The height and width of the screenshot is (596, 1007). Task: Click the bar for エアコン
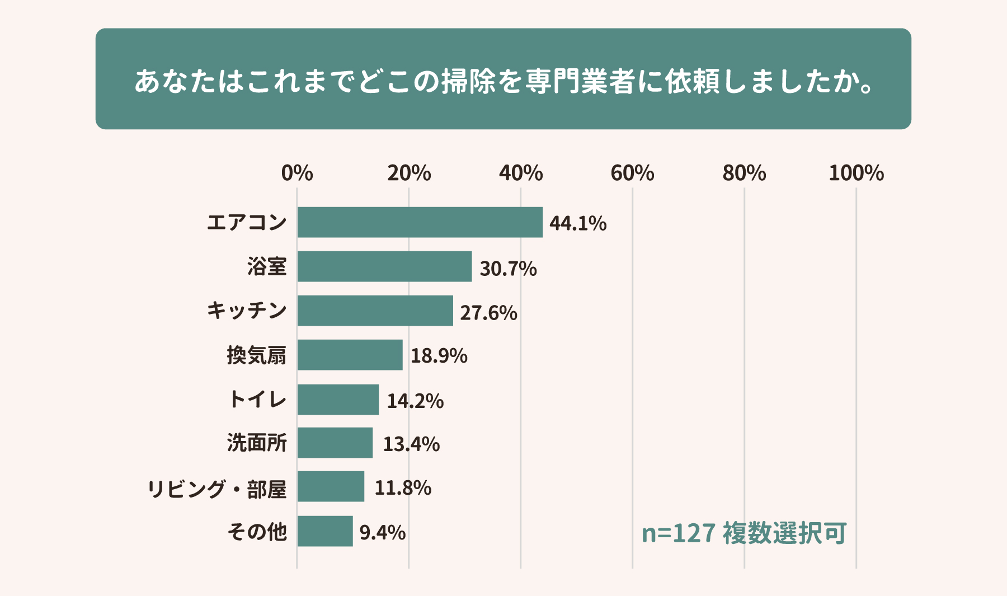click(420, 222)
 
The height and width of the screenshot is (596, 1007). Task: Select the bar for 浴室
click(384, 266)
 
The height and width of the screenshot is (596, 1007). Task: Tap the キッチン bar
click(375, 311)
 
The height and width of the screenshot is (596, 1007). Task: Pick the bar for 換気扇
click(350, 355)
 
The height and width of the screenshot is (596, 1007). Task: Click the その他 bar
click(325, 531)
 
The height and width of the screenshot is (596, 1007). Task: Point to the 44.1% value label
click(578, 223)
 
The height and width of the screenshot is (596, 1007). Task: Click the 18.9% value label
click(439, 356)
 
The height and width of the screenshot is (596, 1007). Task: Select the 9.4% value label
click(383, 532)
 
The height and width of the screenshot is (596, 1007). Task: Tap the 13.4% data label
click(411, 444)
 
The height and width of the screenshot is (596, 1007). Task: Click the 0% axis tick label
click(297, 173)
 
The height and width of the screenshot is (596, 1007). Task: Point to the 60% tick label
click(632, 173)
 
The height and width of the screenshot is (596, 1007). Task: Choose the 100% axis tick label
click(856, 173)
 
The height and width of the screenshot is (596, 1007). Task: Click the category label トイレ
click(257, 400)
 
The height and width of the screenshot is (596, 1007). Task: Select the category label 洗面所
click(257, 443)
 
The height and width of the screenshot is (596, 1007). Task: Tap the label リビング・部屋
click(217, 489)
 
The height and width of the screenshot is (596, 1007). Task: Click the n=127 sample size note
click(678, 533)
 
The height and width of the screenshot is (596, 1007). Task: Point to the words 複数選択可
click(784, 533)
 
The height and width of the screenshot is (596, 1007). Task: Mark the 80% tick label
click(744, 173)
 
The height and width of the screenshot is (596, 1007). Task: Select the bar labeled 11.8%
click(331, 486)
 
